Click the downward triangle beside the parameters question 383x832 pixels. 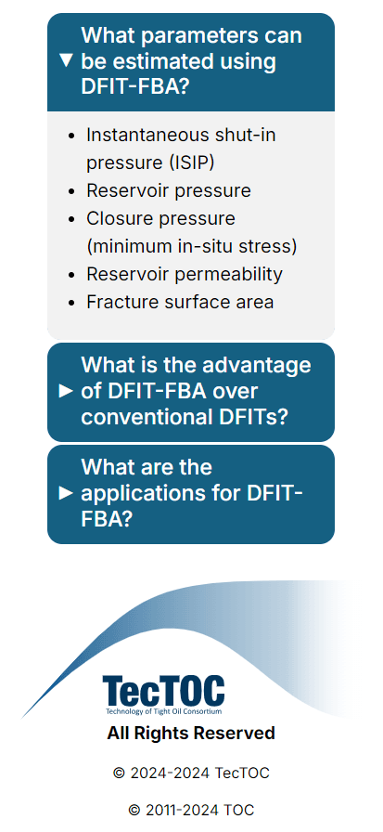[x=66, y=60]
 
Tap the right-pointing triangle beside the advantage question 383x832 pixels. [x=66, y=392]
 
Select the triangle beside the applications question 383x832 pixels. [x=66, y=493]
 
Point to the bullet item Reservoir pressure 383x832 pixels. [x=169, y=190]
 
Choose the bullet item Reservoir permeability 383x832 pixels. [x=185, y=274]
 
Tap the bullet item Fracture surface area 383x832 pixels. [x=180, y=302]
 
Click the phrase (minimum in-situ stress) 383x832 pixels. [x=192, y=246]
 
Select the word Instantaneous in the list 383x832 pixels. [x=142, y=135]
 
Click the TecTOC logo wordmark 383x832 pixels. [x=163, y=690]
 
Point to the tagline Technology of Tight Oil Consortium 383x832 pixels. [x=163, y=711]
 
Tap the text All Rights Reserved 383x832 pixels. [x=191, y=734]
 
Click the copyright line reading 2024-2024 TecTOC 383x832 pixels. [x=191, y=773]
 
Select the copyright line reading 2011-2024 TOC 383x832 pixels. [x=191, y=811]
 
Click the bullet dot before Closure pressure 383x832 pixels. [x=73, y=219]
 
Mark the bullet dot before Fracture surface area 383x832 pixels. [x=73, y=303]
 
